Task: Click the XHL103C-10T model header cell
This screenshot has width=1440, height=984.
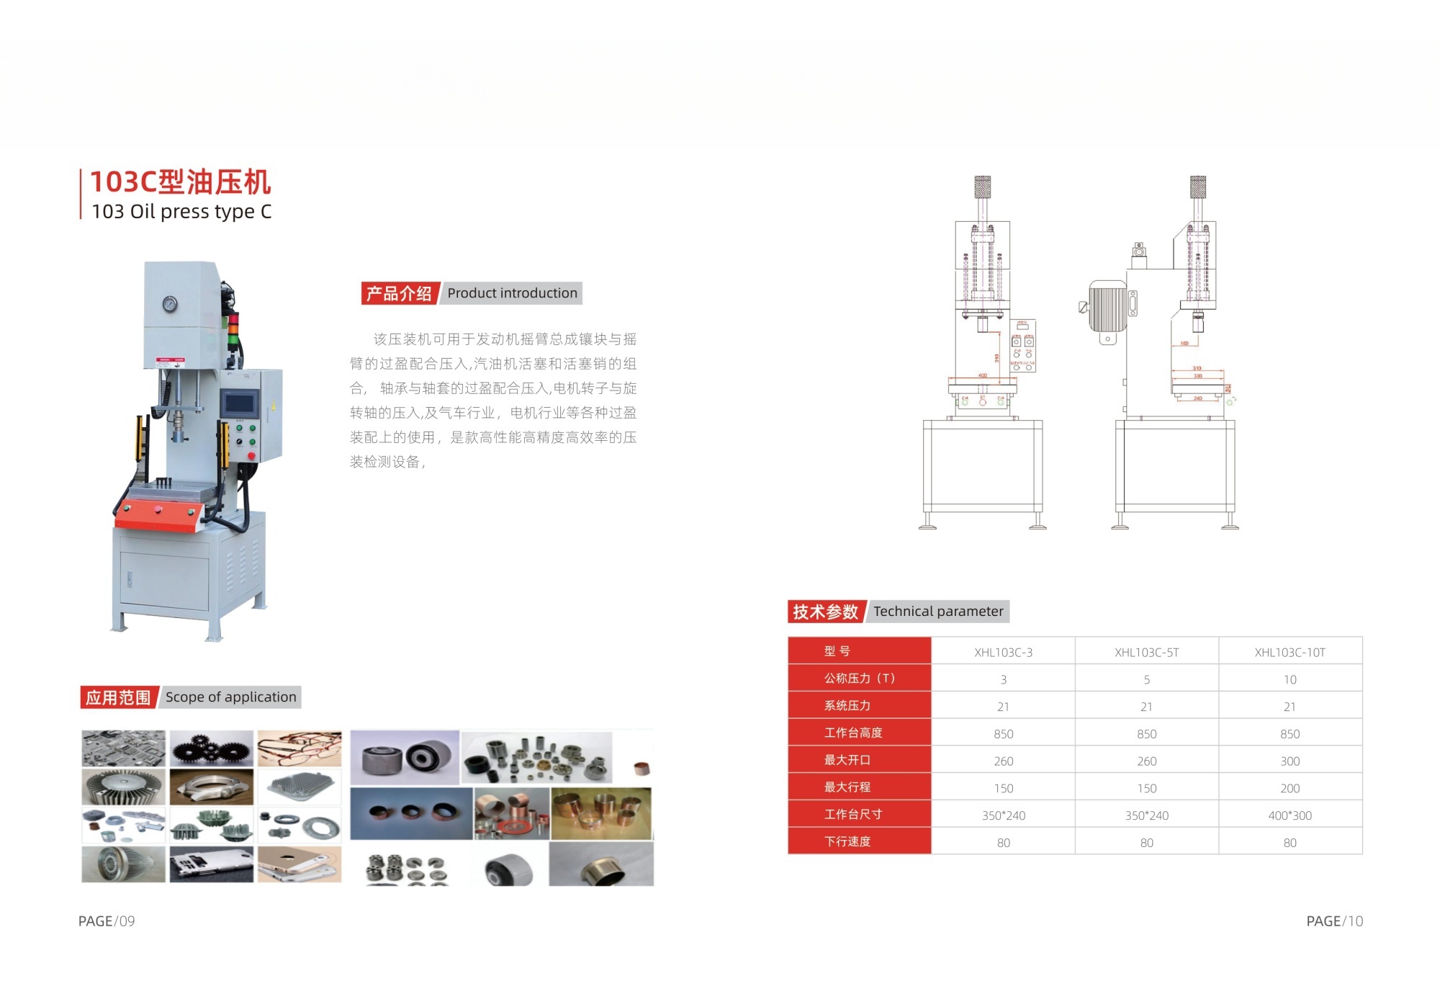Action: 1290,653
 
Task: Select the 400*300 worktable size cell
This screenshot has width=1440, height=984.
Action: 1290,815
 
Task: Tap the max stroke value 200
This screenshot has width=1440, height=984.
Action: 1290,788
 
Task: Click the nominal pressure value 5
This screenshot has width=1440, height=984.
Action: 1146,679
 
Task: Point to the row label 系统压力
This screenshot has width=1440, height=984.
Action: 847,706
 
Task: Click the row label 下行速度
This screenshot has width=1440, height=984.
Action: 847,841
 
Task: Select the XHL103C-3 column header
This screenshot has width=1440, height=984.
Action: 1003,653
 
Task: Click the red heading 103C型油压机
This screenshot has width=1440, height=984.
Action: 180,182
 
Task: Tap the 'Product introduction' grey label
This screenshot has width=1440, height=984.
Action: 512,293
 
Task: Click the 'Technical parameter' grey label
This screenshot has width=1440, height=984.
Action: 938,612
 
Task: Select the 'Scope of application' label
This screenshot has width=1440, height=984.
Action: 230,697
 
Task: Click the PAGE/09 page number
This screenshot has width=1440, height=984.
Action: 107,921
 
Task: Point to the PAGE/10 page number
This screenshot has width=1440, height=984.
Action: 1334,921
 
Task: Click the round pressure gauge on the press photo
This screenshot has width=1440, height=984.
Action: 170,303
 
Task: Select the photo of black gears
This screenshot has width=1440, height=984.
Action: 212,748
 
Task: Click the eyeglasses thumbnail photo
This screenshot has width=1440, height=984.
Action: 300,748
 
